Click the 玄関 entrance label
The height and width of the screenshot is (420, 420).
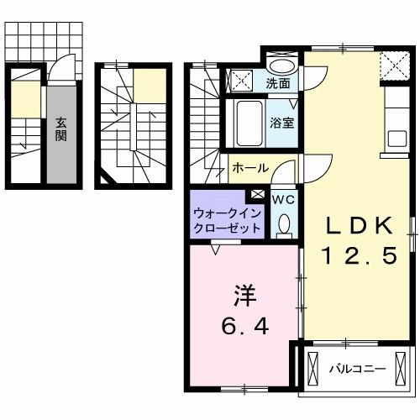tap(61, 128)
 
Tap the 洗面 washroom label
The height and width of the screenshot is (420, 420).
tap(279, 83)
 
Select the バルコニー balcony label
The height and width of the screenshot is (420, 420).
tap(357, 368)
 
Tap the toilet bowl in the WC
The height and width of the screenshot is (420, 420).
tap(284, 223)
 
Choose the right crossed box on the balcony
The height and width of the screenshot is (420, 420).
tap(402, 368)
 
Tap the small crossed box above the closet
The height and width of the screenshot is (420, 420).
tap(257, 195)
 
